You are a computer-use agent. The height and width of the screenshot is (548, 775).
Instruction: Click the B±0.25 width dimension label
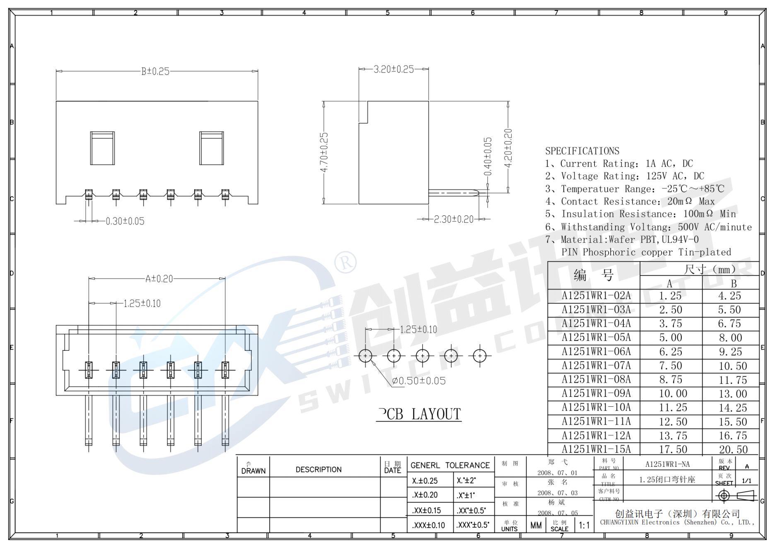(155, 72)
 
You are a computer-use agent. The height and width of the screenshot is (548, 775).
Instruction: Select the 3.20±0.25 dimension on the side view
(394, 70)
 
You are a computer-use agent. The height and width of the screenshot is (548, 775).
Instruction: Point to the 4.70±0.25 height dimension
(324, 152)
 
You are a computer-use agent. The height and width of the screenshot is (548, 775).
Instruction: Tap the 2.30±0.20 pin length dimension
(453, 220)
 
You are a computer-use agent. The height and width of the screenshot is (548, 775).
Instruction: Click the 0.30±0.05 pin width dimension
(125, 222)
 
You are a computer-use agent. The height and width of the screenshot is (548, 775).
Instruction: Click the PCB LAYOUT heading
(419, 414)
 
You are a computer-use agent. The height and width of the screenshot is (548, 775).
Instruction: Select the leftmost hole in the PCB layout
(365, 356)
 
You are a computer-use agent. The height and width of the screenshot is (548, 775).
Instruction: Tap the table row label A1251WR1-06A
(596, 352)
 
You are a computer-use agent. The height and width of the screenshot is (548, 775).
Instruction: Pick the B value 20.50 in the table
(733, 450)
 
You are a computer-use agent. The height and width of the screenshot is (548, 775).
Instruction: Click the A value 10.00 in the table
(673, 394)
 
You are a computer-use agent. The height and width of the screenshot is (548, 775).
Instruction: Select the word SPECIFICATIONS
(582, 151)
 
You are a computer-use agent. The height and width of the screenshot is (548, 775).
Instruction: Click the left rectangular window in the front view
(102, 148)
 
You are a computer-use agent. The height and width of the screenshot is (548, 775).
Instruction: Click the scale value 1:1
(584, 526)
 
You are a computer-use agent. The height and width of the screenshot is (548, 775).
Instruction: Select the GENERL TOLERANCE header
(450, 466)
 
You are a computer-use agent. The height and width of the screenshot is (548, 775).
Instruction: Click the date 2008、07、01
(557, 473)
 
